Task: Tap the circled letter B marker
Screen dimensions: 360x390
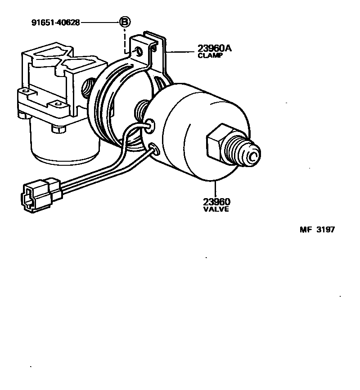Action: tap(125, 22)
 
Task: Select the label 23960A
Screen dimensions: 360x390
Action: tap(214, 49)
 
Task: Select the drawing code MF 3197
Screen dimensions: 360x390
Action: tap(317, 230)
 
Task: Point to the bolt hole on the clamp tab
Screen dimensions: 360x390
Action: tap(139, 51)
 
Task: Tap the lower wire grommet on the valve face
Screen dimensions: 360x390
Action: tap(153, 147)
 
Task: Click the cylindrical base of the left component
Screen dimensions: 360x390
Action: tap(63, 144)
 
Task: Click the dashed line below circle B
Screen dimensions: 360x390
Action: tap(125, 38)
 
